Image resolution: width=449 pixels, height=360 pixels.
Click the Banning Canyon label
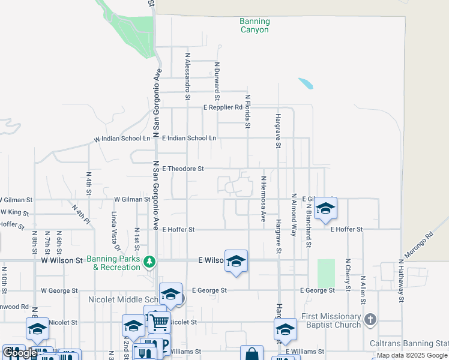pyautogui.click(x=255, y=25)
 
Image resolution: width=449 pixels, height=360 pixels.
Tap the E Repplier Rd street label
pyautogui.click(x=222, y=107)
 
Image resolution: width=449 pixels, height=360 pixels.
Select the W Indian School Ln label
pyautogui.click(x=122, y=139)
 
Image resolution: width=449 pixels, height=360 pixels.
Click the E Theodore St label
pyautogui.click(x=183, y=169)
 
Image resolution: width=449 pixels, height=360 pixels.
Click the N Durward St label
pyautogui.click(x=217, y=81)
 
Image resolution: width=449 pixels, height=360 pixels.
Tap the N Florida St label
pyautogui.click(x=247, y=111)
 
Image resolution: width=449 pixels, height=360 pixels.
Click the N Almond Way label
pyautogui.click(x=294, y=214)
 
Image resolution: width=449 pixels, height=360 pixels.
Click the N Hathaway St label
pyautogui.click(x=400, y=281)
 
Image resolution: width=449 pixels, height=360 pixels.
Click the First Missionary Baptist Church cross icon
pyautogui.click(x=370, y=319)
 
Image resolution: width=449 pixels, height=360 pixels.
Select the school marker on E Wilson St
pyautogui.click(x=236, y=261)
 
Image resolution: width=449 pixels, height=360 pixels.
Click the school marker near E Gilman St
pyautogui.click(x=325, y=208)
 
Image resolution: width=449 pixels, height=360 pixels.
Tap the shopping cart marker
pyautogui.click(x=159, y=323)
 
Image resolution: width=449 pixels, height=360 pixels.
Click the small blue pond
pyautogui.click(x=306, y=83)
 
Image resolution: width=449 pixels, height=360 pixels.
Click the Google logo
pyautogui.click(x=20, y=353)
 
